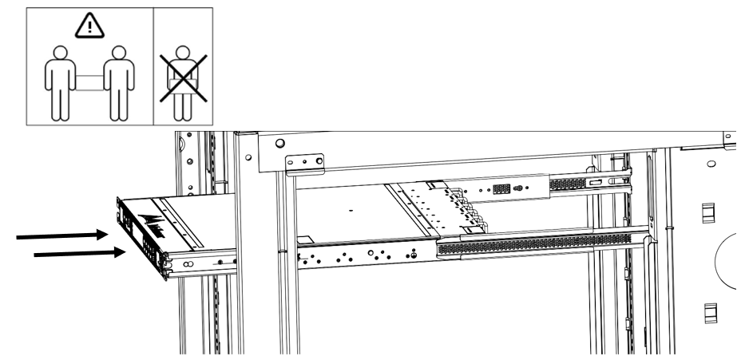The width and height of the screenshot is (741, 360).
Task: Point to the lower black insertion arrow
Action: click(76, 254)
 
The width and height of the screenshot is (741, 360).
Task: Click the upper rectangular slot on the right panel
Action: click(707, 212)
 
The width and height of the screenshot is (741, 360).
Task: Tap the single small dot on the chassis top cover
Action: click(351, 212)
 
